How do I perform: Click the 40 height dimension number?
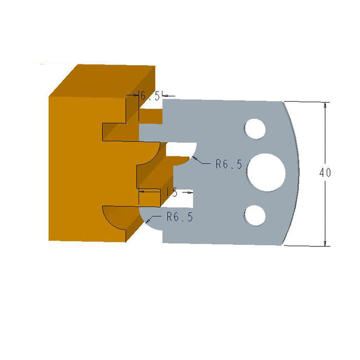tap(325, 173)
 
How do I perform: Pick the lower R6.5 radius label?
tap(179, 218)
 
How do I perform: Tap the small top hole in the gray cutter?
tap(254, 129)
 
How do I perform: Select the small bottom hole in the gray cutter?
tap(254, 215)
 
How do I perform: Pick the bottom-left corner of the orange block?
tap(49, 240)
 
